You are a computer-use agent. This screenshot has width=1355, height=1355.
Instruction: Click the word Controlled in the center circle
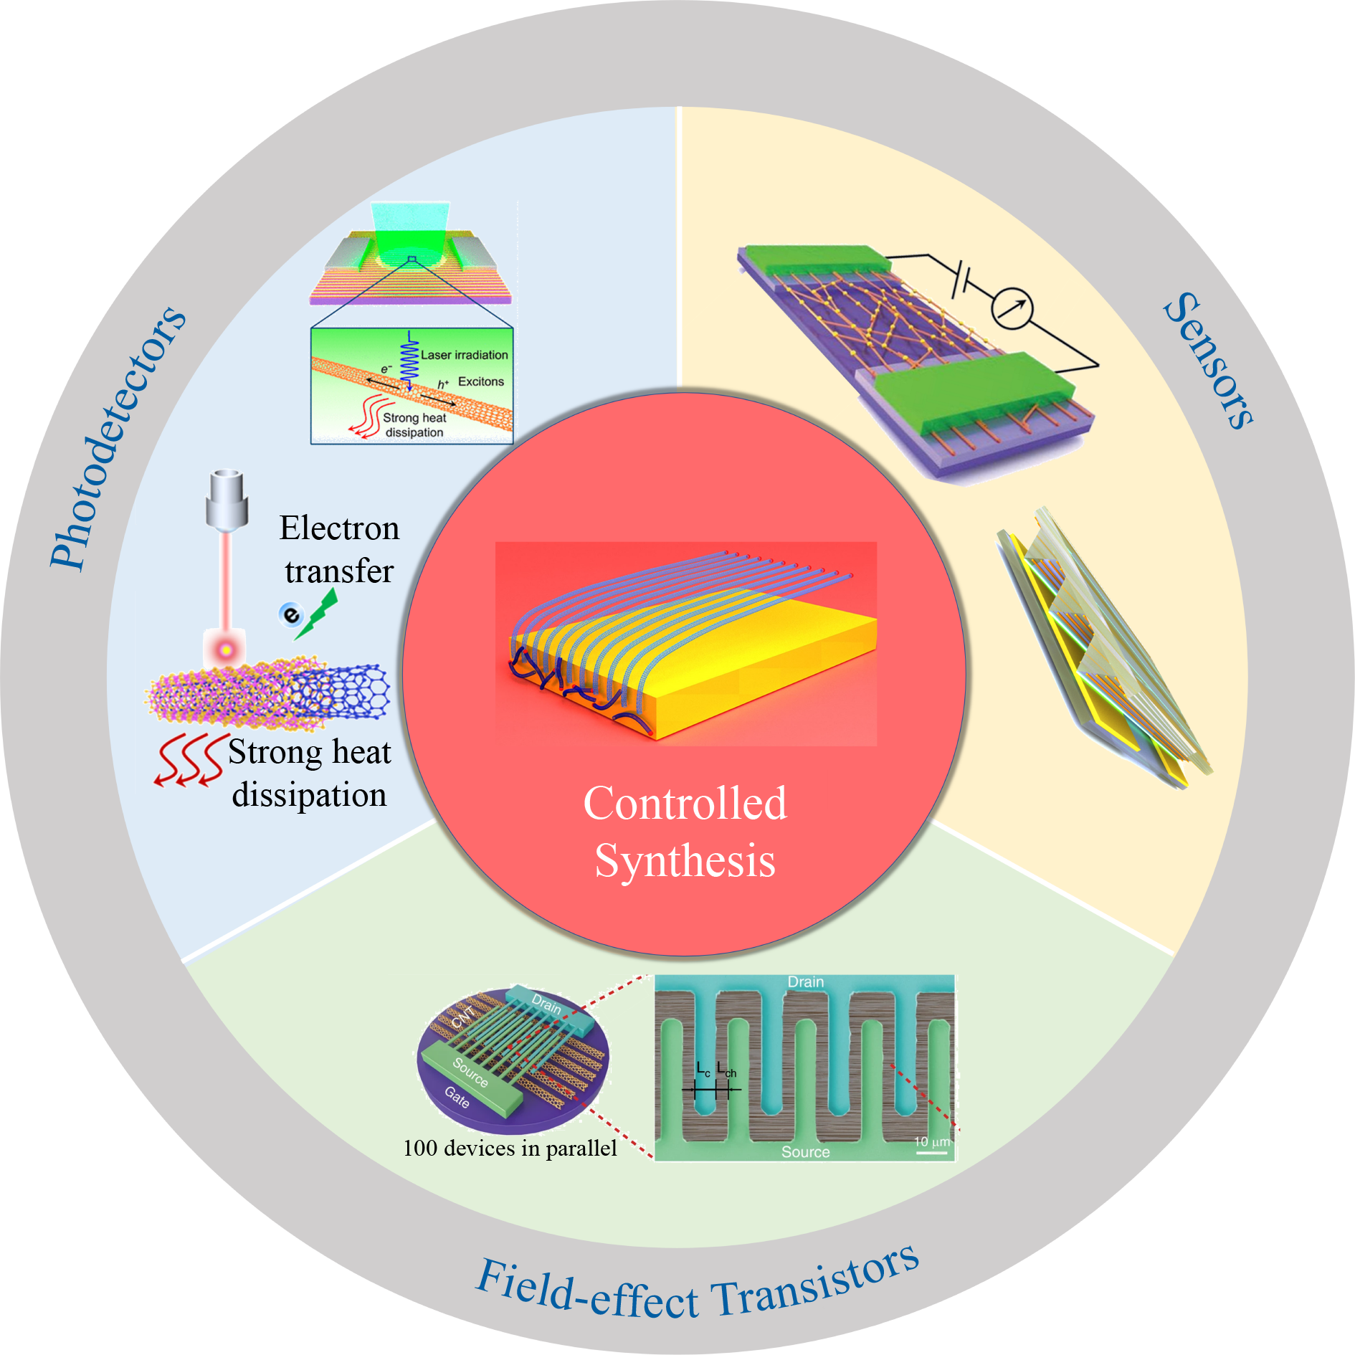coord(685,802)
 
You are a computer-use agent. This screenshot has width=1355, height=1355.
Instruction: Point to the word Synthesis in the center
coord(685,861)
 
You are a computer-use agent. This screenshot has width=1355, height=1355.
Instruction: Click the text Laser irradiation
coord(464,355)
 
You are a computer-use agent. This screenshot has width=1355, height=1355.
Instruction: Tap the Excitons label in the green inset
coord(481,381)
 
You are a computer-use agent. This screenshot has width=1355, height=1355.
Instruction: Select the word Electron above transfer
coord(339,528)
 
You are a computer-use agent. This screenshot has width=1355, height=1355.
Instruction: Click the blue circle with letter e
coord(291,614)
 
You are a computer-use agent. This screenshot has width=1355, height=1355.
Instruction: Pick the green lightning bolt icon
coord(317,614)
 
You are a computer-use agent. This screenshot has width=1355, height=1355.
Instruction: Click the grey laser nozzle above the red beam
coord(227,500)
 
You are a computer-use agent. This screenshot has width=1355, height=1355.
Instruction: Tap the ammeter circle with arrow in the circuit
coord(1012,308)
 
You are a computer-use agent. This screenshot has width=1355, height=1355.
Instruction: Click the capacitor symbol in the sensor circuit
coord(961,280)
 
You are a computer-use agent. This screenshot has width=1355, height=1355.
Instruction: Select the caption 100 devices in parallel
coord(510,1149)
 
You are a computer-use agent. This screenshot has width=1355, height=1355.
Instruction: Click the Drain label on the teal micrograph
coord(806,982)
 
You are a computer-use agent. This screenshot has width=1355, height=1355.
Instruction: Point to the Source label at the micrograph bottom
coord(805,1152)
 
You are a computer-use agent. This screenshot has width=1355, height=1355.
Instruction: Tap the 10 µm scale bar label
coord(932,1141)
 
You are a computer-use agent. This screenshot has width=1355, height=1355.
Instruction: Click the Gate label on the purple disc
coord(457,1097)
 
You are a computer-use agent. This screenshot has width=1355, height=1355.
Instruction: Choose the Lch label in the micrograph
coord(726,1070)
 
